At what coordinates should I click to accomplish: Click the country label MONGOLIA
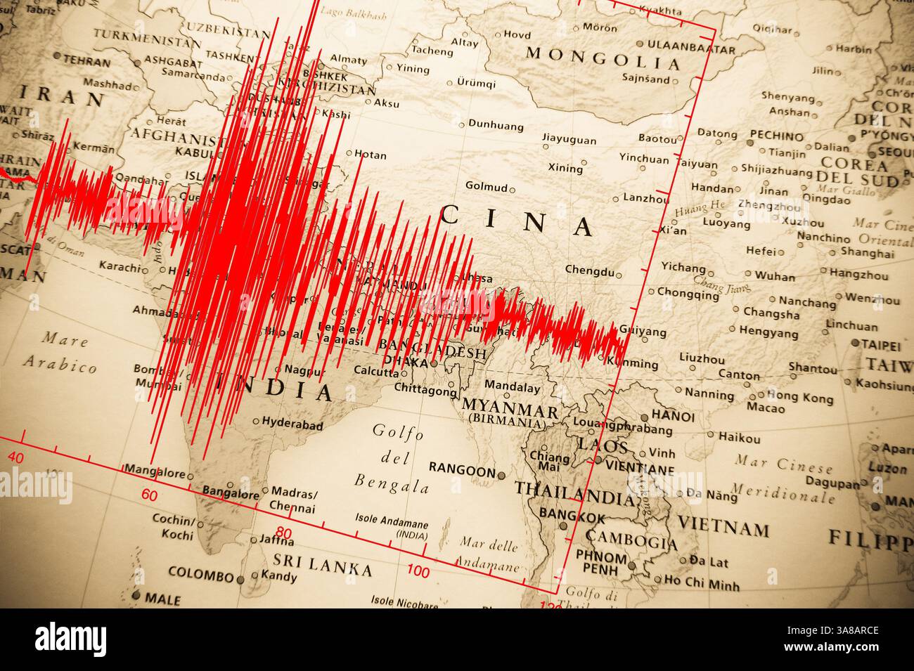click(x=603, y=58)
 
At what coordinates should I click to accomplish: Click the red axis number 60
click(x=149, y=495)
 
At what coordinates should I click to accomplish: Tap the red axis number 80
click(x=283, y=533)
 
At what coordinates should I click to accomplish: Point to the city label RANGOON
click(x=461, y=471)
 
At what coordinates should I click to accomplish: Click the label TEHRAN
click(x=86, y=62)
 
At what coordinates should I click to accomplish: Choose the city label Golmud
click(x=485, y=185)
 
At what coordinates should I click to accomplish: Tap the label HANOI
click(x=673, y=416)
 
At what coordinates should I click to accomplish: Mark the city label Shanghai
click(x=867, y=253)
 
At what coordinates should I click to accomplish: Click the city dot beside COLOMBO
click(x=242, y=580)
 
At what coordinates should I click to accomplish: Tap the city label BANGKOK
click(x=572, y=518)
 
